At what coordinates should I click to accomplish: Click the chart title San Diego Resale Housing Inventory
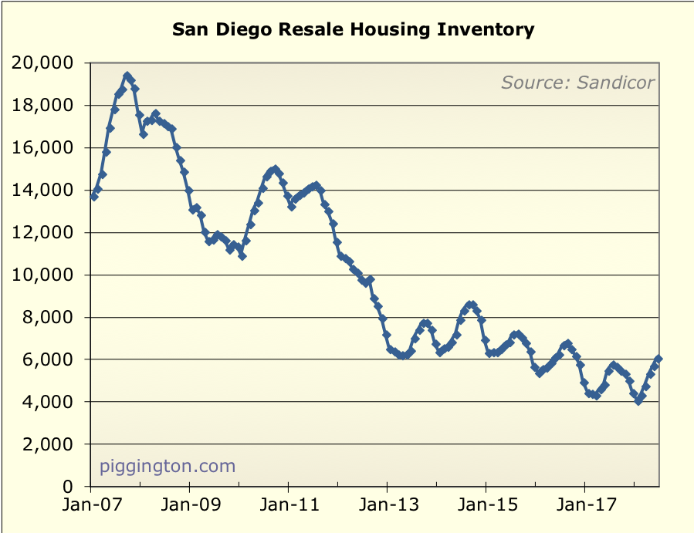point(353,30)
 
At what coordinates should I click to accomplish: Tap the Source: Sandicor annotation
point(577,83)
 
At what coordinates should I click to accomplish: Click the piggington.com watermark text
point(168,466)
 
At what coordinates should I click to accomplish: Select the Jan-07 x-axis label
point(90,509)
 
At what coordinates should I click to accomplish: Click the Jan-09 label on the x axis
point(189,509)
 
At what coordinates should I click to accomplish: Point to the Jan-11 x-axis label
point(288,509)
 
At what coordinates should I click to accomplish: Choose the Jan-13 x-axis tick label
point(387,509)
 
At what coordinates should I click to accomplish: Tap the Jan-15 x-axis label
point(486,509)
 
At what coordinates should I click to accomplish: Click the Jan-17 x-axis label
point(584,509)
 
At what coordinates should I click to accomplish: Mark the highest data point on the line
point(127,76)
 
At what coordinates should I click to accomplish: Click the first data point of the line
point(93,197)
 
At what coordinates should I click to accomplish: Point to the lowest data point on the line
point(638,401)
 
